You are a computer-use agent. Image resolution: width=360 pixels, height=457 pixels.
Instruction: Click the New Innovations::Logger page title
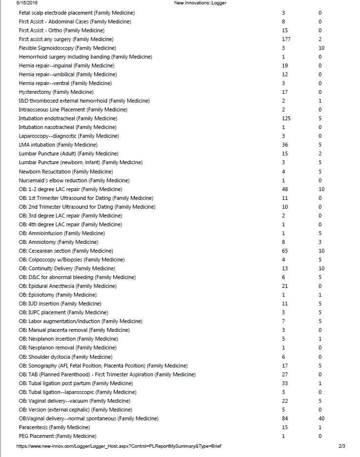pyautogui.click(x=200, y=3)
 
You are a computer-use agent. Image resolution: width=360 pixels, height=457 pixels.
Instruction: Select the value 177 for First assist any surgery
pyautogui.click(x=286, y=39)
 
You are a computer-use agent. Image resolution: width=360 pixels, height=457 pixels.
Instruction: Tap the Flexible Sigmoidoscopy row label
pyautogui.click(x=67, y=48)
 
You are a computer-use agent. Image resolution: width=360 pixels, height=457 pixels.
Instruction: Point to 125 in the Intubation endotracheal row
pyautogui.click(x=286, y=118)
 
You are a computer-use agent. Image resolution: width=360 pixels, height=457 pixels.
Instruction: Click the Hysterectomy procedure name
pyautogui.click(x=56, y=92)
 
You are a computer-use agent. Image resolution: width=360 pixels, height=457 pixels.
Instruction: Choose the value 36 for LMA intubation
pyautogui.click(x=285, y=145)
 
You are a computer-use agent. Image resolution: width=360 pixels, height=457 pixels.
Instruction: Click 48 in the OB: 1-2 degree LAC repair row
pyautogui.click(x=285, y=189)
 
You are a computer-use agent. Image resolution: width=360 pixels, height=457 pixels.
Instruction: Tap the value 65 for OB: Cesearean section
pyautogui.click(x=285, y=251)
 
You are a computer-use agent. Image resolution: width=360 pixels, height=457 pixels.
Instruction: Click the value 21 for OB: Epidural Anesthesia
pyautogui.click(x=285, y=286)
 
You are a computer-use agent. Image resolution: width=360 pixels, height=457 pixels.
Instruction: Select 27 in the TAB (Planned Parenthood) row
pyautogui.click(x=285, y=374)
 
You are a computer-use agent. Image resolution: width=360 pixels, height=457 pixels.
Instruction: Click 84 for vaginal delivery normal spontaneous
pyautogui.click(x=285, y=418)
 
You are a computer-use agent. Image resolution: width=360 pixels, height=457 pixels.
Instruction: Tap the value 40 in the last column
pyautogui.click(x=321, y=418)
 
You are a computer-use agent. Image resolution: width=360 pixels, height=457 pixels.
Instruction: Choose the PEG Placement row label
pyautogui.click(x=58, y=436)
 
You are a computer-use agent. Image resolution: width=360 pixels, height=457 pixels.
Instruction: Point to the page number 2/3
pyautogui.click(x=341, y=446)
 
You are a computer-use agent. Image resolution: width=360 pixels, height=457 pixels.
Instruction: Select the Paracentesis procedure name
pyautogui.click(x=54, y=427)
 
